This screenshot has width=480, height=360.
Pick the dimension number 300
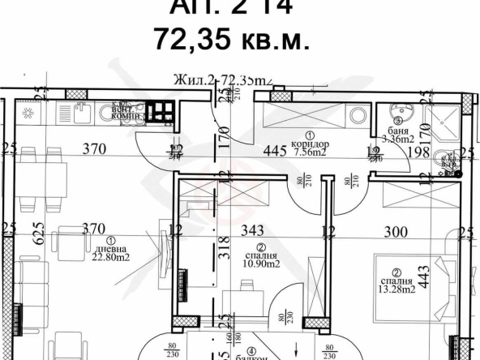point(394,232)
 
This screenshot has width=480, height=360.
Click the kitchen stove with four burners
point(161,111)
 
